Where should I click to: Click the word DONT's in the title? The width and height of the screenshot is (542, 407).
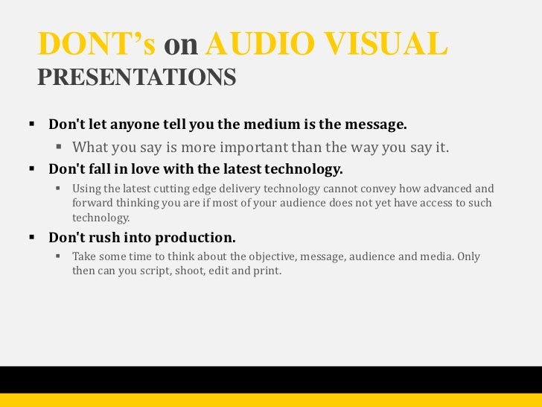[x=96, y=45]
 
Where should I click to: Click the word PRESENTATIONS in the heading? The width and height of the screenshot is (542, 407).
[x=136, y=77]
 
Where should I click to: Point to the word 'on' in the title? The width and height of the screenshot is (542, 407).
[x=180, y=46]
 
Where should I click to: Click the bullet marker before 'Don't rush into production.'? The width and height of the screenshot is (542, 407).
[x=32, y=239]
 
